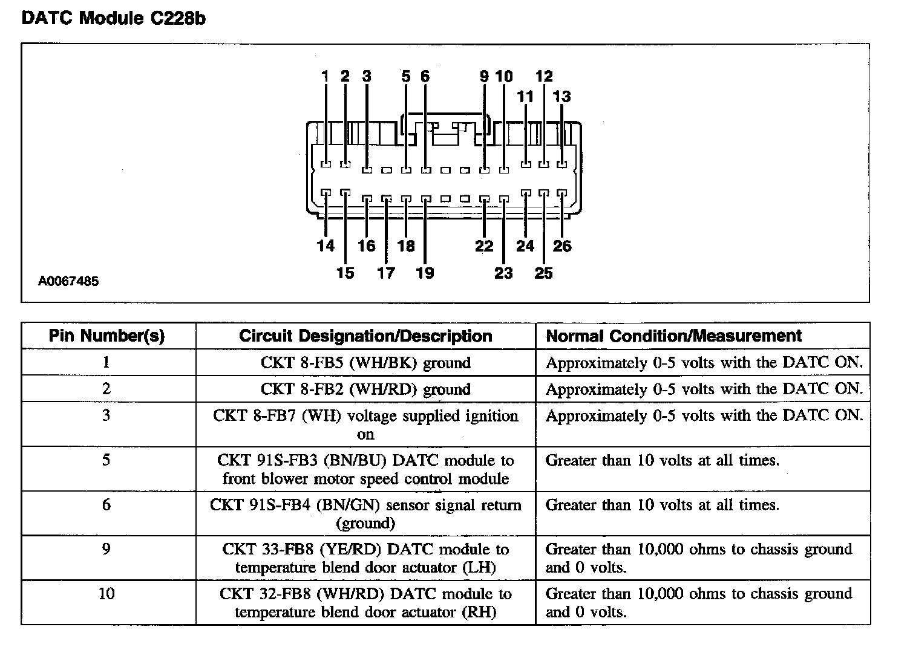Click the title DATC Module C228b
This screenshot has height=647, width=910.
click(x=113, y=18)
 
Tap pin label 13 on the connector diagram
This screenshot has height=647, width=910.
click(x=561, y=96)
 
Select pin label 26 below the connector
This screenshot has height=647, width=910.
click(x=561, y=245)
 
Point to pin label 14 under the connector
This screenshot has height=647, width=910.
click(x=326, y=245)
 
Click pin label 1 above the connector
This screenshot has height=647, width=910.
click(x=325, y=76)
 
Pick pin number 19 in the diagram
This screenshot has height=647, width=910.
click(x=425, y=273)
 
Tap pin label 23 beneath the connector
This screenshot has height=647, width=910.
click(x=503, y=273)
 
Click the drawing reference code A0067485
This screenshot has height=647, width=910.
click(x=68, y=281)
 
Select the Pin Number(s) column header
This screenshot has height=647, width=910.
click(x=107, y=336)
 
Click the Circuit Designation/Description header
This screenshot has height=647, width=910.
click(x=365, y=336)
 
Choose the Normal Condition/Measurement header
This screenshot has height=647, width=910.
click(x=673, y=336)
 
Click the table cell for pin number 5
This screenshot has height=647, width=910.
click(x=106, y=460)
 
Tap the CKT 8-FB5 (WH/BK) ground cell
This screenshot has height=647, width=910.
click(x=365, y=363)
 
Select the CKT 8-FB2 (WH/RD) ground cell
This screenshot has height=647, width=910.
click(x=365, y=389)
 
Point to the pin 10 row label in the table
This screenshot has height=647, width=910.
click(x=106, y=593)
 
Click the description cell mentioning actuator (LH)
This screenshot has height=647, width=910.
click(x=365, y=558)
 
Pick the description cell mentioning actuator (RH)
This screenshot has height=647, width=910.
click(x=365, y=603)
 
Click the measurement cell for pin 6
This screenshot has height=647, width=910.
click(x=663, y=505)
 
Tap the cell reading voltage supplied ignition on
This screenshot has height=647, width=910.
click(x=365, y=424)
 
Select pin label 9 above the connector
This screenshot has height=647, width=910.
click(x=484, y=76)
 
